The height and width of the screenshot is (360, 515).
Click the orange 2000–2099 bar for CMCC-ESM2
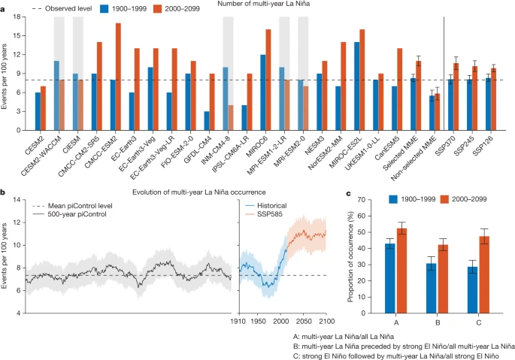pyautogui.click(x=118, y=77)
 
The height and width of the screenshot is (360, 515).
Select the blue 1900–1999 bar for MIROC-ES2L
pyautogui.click(x=356, y=86)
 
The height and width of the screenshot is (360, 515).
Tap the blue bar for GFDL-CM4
pyautogui.click(x=207, y=121)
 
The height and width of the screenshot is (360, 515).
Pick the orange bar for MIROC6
pyautogui.click(x=268, y=80)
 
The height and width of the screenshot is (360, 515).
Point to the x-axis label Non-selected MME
pyautogui.click(x=414, y=158)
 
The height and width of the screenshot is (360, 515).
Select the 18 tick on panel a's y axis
pyautogui.click(x=17, y=17)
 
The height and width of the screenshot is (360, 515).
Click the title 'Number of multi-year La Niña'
pyautogui.click(x=263, y=4)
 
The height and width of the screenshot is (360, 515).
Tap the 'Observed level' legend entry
pyautogui.click(x=62, y=8)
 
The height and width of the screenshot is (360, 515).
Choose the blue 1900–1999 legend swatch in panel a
pyautogui.click(x=104, y=8)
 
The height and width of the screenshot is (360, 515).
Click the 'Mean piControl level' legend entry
pyautogui.click(x=72, y=206)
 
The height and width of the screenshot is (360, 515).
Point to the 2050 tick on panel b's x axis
pyautogui.click(x=304, y=321)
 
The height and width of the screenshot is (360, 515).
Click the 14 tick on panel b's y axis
pyautogui.click(x=17, y=200)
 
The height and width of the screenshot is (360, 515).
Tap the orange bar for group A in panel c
pyautogui.click(x=401, y=271)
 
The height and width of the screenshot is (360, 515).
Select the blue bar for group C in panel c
pyautogui.click(x=473, y=289)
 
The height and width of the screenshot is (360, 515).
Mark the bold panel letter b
pyautogui.click(x=2, y=192)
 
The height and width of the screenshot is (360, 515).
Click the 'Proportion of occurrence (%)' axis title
pyautogui.click(x=350, y=257)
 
